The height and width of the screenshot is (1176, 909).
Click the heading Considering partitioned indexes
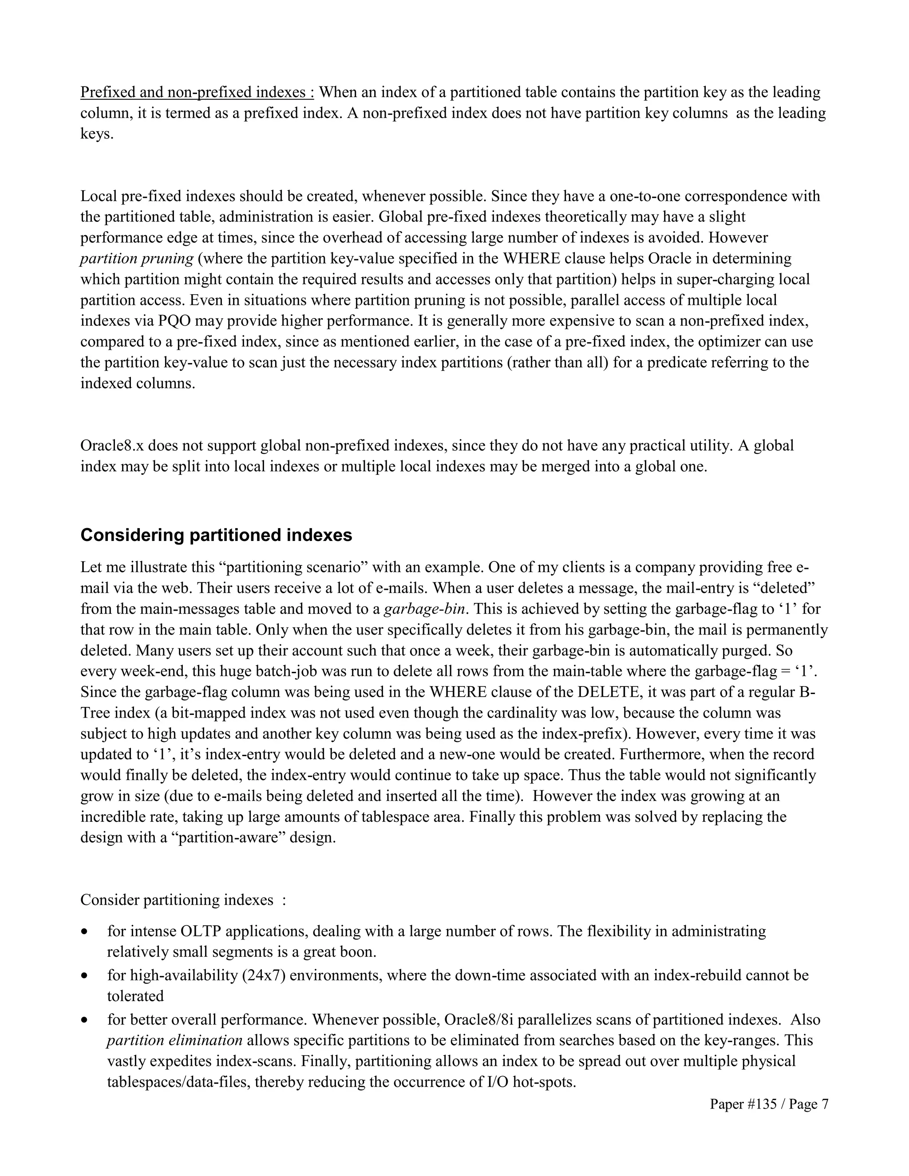216,535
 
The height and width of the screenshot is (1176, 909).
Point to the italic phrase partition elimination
174,1040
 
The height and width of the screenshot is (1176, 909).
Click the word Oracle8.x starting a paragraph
112,446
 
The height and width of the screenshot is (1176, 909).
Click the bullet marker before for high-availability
84,976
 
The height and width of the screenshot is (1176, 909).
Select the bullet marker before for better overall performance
84,1020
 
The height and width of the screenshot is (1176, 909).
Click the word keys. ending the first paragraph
97,134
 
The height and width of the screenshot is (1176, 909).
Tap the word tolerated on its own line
135,996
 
